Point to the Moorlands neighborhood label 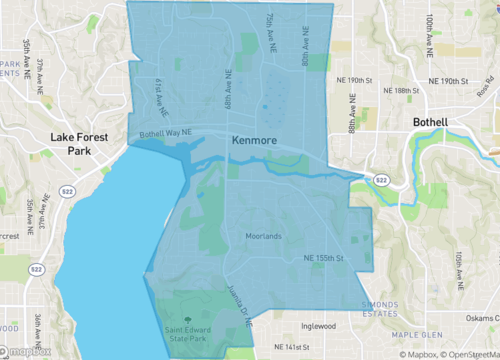[x=265, y=237]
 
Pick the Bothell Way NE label [x=165, y=132]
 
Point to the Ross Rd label [x=488, y=88]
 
